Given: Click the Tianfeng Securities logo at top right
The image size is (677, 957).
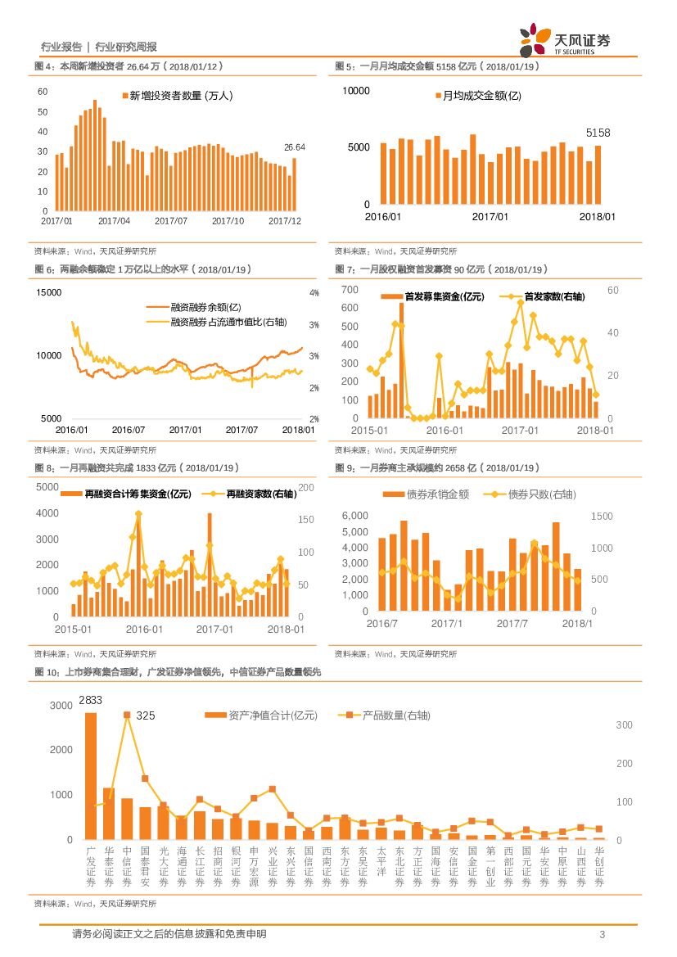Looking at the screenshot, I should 565,40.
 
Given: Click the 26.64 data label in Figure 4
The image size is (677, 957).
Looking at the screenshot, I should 294,147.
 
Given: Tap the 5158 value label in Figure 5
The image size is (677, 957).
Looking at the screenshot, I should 598,133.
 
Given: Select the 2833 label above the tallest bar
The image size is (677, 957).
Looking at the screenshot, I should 91,699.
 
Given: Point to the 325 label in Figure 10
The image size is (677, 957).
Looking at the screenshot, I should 146,715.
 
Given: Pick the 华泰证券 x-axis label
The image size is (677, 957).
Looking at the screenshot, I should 109,867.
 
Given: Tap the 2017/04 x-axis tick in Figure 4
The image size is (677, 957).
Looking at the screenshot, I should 114,221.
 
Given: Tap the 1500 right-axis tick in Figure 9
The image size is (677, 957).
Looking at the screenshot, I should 602,516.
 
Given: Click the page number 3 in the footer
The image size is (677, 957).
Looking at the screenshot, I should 603,935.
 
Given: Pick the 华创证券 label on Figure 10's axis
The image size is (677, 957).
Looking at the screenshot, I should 599,867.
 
